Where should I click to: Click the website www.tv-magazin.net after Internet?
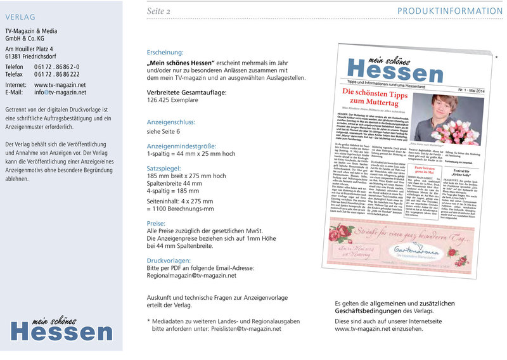(60, 84)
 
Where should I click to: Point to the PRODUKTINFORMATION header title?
(449, 11)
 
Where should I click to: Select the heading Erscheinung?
(165, 53)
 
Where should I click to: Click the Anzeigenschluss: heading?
(171, 122)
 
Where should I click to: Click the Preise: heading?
(156, 224)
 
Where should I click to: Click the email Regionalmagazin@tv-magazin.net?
(200, 276)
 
